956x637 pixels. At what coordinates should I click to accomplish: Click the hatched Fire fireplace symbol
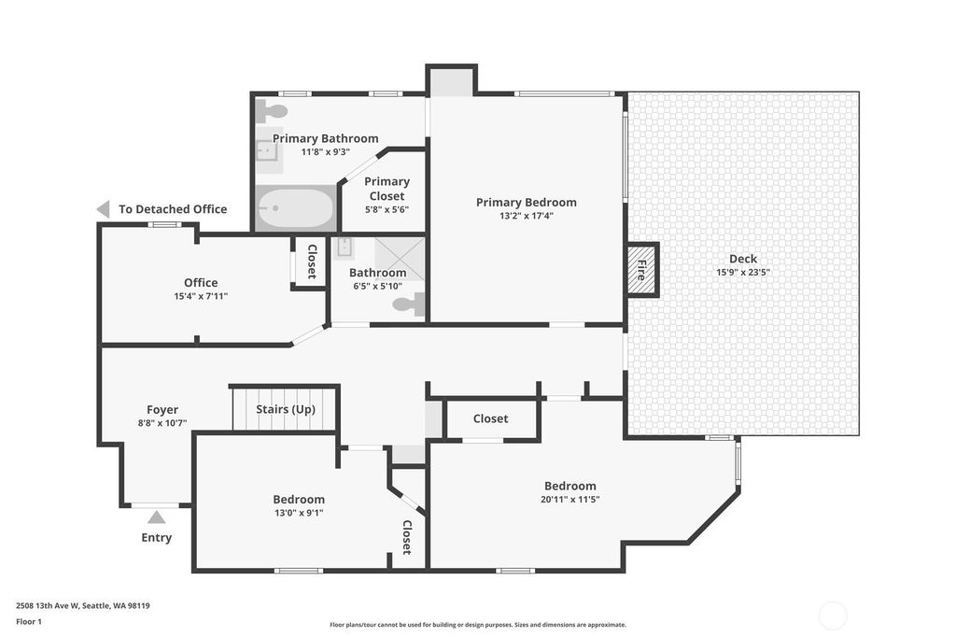click(x=641, y=269)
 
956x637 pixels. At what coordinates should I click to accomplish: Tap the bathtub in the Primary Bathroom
click(x=295, y=208)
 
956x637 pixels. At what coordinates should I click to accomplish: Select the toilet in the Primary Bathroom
click(x=271, y=110)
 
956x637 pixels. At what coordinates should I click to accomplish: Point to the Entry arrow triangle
click(x=157, y=517)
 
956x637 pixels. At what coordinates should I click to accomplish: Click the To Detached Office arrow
click(x=103, y=209)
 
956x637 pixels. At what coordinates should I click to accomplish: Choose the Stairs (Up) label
click(x=286, y=409)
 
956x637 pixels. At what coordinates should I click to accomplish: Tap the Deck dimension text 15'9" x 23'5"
click(x=743, y=272)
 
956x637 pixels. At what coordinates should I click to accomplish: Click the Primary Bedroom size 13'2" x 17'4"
click(x=527, y=216)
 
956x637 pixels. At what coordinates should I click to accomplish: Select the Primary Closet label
click(x=387, y=189)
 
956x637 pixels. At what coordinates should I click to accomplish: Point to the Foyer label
click(x=162, y=409)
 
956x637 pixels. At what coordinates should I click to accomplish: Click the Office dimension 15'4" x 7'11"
click(x=201, y=296)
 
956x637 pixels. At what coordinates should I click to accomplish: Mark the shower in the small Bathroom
click(x=400, y=259)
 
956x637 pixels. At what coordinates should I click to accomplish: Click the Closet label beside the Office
click(x=312, y=262)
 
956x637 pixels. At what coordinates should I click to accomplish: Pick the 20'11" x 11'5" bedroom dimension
click(x=570, y=499)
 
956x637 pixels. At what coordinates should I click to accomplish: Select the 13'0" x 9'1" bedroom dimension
click(x=299, y=513)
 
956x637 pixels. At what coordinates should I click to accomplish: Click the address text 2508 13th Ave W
click(x=48, y=606)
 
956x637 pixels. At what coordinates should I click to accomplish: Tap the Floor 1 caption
click(x=29, y=622)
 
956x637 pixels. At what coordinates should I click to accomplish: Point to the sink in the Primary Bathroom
click(x=267, y=149)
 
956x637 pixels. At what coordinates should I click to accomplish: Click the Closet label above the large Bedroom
click(x=490, y=418)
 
